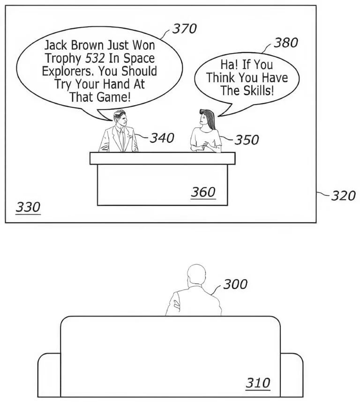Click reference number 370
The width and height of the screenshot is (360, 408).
(185, 29)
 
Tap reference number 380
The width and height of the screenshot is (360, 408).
(286, 43)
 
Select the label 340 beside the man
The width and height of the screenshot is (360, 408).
(162, 138)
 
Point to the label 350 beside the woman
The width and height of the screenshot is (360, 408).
(247, 140)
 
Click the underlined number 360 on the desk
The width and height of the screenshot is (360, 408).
(203, 193)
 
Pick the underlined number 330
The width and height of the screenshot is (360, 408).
(28, 208)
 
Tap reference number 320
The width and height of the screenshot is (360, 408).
(343, 196)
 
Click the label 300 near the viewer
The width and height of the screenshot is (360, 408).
(235, 284)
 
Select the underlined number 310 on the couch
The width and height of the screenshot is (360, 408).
(258, 383)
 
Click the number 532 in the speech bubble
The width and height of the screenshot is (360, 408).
(95, 59)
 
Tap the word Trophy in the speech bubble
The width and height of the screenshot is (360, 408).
(63, 59)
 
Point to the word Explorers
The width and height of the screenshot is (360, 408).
(68, 72)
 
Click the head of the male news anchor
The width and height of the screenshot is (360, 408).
(120, 118)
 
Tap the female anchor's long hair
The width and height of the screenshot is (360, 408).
(209, 119)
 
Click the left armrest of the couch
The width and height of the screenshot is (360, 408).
(49, 375)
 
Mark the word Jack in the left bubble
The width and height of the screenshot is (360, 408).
(56, 45)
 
